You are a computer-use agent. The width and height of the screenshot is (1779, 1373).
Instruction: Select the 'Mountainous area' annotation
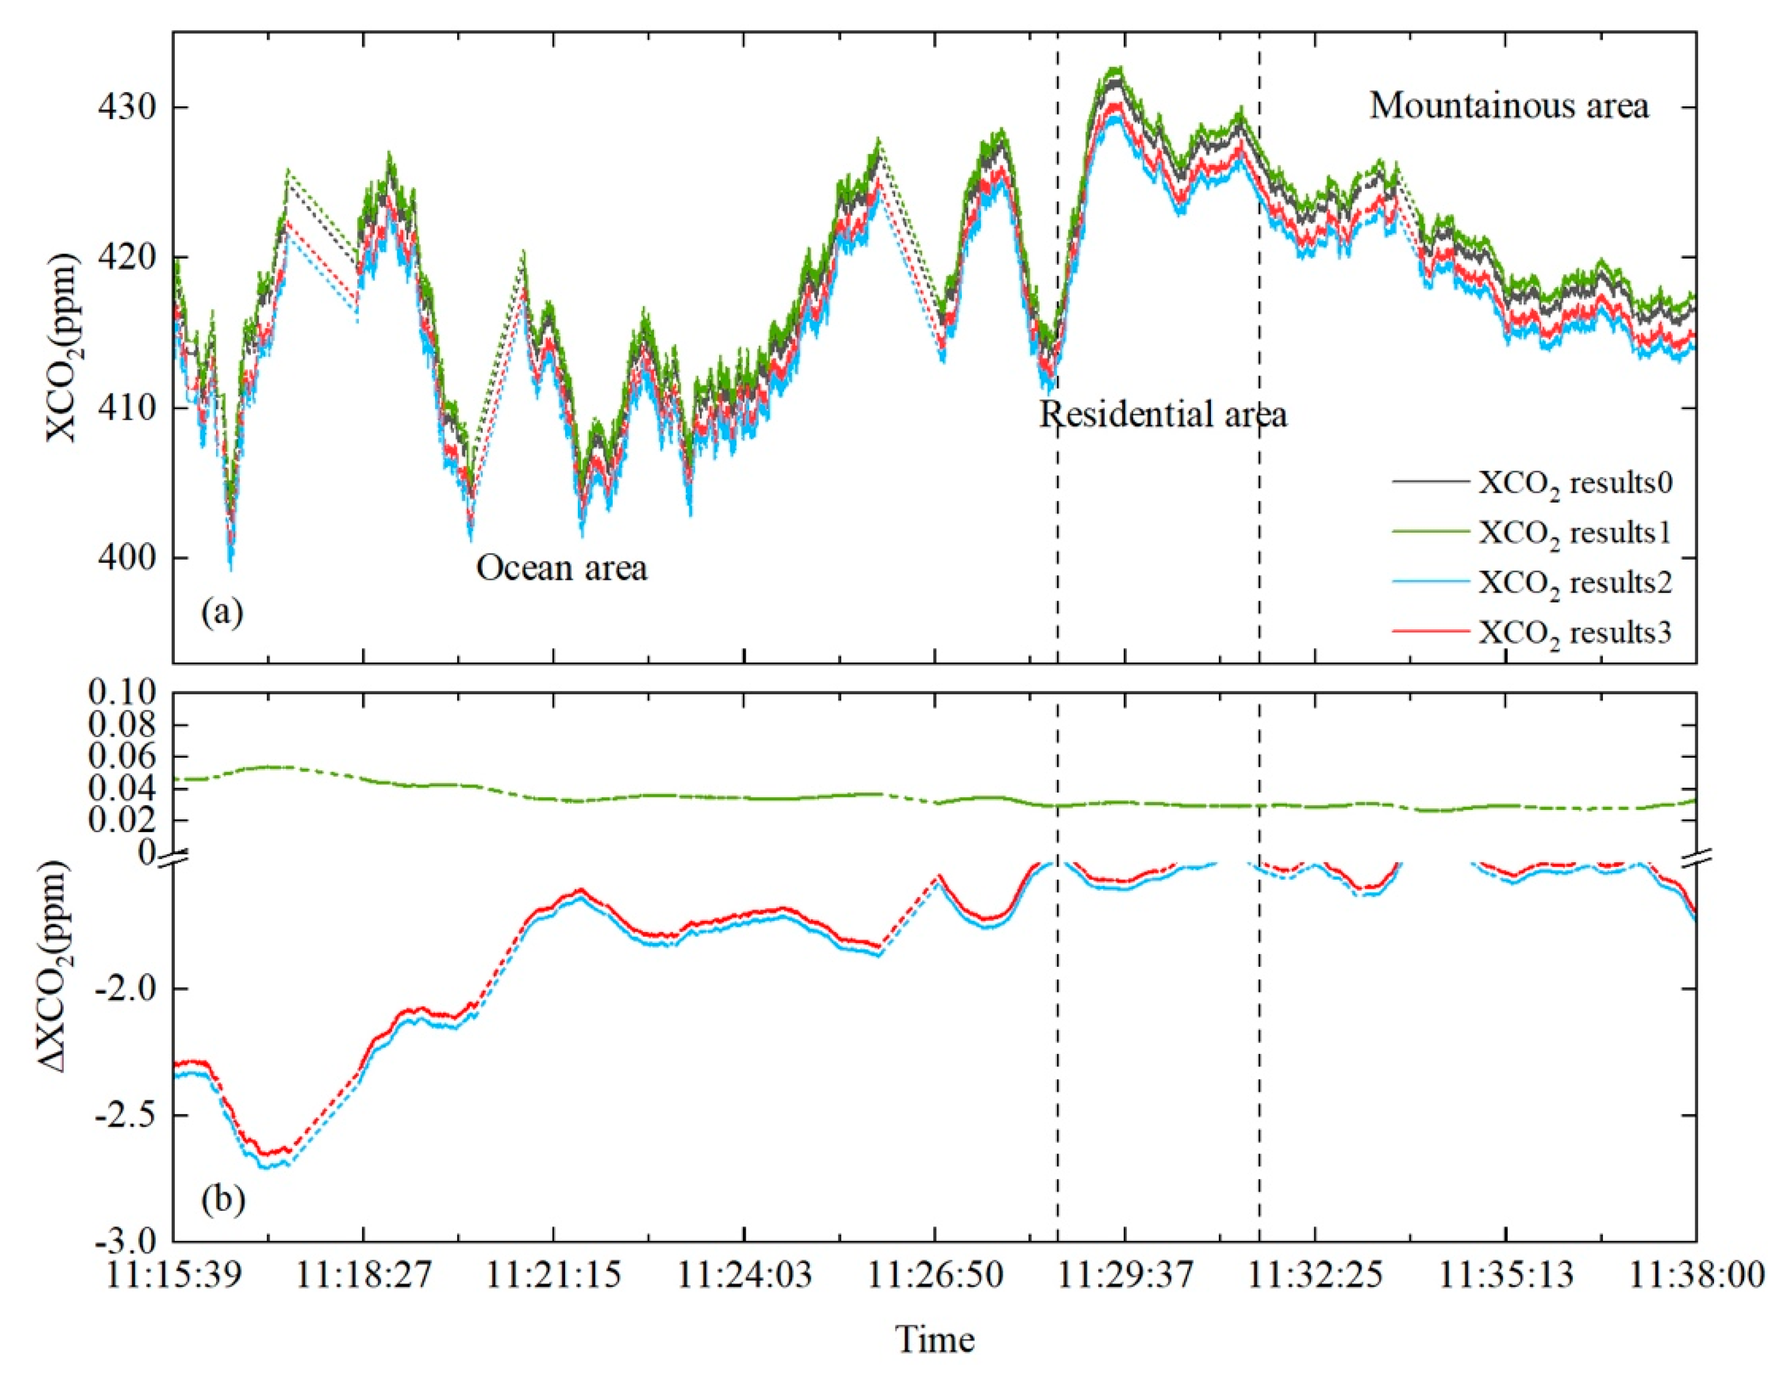[x=1508, y=106]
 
